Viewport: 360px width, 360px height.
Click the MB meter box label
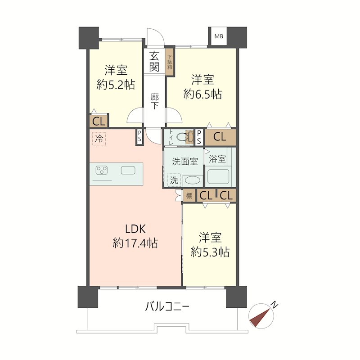tap(219, 36)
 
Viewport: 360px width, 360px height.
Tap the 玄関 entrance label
tap(154, 62)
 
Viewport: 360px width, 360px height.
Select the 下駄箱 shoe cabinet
tap(170, 62)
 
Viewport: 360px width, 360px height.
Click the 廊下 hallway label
tap(154, 101)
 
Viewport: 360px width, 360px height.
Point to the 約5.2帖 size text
tap(116, 85)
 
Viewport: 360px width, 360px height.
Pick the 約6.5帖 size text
tap(202, 94)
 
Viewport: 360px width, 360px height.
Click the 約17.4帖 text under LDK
tap(135, 243)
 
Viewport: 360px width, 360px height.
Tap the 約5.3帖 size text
tap(210, 252)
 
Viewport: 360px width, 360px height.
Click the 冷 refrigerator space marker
tap(99, 139)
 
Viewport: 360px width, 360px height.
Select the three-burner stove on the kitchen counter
tap(102, 171)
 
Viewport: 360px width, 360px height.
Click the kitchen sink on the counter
tap(128, 170)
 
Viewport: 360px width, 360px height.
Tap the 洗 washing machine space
tap(174, 180)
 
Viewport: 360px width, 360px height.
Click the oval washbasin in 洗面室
tap(193, 180)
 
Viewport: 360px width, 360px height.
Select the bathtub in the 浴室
tap(218, 176)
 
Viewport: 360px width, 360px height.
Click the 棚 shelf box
tap(189, 196)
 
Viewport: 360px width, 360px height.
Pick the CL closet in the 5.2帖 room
tap(99, 121)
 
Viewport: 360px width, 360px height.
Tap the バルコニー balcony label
tap(167, 306)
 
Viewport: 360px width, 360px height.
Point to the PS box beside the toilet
tap(199, 137)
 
